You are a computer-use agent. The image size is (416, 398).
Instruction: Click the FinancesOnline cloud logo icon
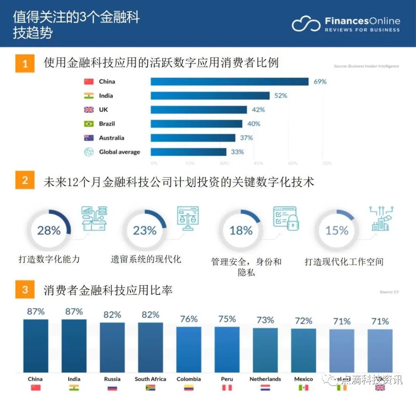click(x=306, y=24)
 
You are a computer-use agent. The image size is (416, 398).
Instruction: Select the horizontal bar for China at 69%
click(x=230, y=82)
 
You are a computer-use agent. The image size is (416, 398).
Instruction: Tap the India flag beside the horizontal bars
click(x=89, y=96)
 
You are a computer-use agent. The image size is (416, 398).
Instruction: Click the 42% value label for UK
click(x=258, y=110)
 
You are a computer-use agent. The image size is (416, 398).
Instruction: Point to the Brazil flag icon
click(x=89, y=124)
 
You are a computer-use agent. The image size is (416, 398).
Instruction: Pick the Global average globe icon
click(x=89, y=152)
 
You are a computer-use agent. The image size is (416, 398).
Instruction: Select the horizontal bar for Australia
click(x=193, y=138)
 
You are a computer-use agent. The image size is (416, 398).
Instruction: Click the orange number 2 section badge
click(x=25, y=180)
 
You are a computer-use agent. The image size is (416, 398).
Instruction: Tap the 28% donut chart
click(x=49, y=231)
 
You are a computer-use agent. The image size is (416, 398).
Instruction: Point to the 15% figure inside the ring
click(x=337, y=231)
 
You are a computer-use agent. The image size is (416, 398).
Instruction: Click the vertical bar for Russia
click(x=112, y=347)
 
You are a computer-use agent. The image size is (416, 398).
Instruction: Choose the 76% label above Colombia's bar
click(x=189, y=319)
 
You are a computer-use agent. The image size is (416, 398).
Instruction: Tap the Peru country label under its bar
click(x=227, y=379)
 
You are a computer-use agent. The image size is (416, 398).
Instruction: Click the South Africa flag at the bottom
click(x=150, y=388)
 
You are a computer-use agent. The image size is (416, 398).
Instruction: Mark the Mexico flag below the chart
click(x=304, y=388)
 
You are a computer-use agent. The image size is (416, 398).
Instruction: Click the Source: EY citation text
click(x=389, y=292)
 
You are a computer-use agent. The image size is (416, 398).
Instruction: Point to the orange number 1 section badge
click(x=25, y=63)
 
